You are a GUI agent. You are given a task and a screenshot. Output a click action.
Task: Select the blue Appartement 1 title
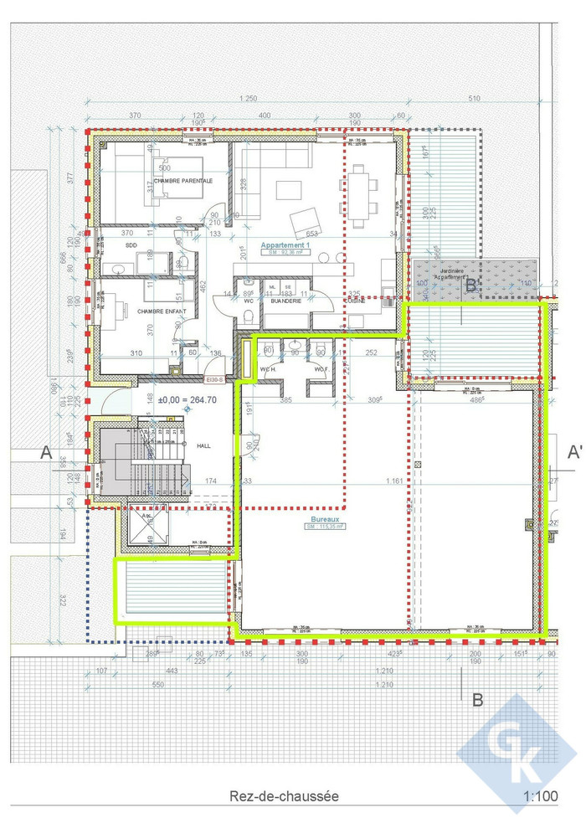(285, 245)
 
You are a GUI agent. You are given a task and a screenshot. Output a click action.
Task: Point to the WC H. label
(270, 368)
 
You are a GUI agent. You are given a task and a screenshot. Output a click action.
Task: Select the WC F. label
(320, 368)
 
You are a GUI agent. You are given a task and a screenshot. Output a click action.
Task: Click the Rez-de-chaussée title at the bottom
(285, 796)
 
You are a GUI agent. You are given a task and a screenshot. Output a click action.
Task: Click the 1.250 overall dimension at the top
(248, 99)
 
